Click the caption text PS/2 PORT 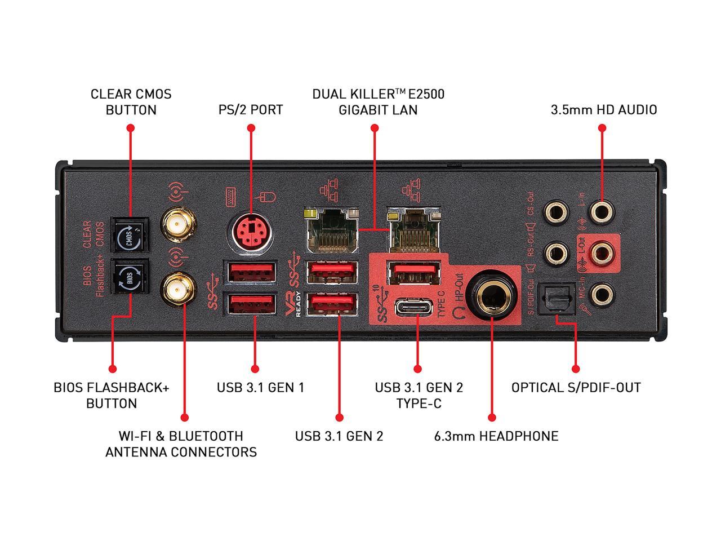click(251, 109)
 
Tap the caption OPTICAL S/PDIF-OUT click(576, 388)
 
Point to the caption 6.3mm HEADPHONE click(496, 436)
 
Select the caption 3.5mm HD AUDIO click(603, 109)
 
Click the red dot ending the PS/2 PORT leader click(251, 128)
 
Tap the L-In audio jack click(601, 213)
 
